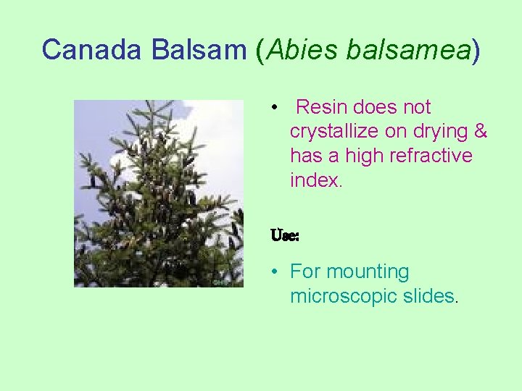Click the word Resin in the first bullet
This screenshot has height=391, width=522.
click(x=322, y=107)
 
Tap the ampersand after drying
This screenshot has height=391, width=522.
click(x=480, y=131)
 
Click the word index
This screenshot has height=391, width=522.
click(x=315, y=180)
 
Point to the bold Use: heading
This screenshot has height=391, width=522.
click(x=284, y=235)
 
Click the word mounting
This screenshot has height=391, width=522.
click(x=368, y=272)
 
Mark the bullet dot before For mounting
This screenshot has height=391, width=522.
click(x=274, y=272)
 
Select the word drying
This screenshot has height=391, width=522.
click(x=436, y=131)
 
